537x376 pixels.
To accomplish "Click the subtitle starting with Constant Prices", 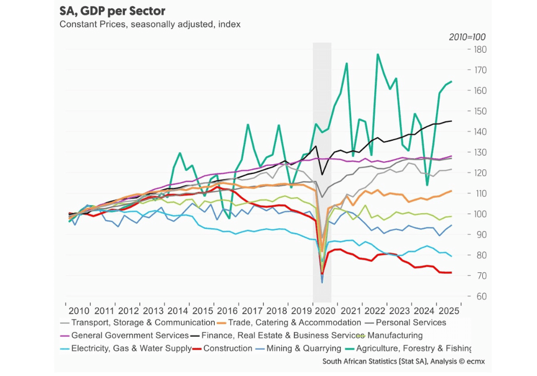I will [x=150, y=24].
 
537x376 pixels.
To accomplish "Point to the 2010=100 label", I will [x=467, y=37].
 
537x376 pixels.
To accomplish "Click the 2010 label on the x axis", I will [x=79, y=310].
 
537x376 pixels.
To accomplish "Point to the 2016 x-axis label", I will [x=226, y=310].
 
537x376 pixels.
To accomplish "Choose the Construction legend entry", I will [x=227, y=348].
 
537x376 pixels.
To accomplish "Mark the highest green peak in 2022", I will [x=378, y=54].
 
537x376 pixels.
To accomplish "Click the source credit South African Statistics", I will [x=403, y=361].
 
